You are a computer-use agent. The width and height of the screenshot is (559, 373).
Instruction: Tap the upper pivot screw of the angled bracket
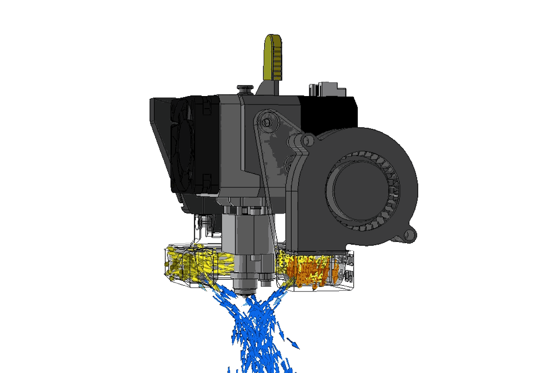point(266,122)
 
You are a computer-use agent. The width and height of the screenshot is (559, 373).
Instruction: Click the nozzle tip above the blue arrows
point(245,293)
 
